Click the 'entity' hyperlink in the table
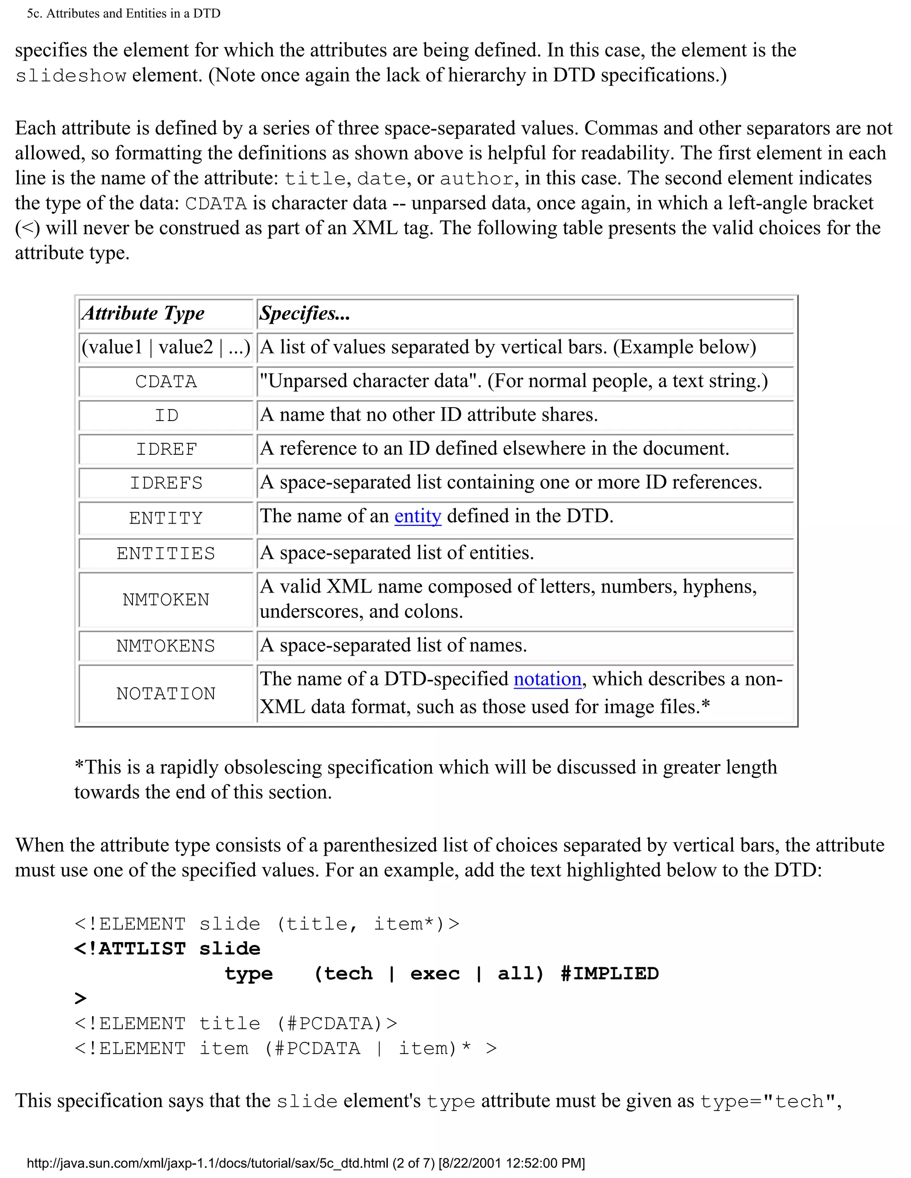pyautogui.click(x=417, y=516)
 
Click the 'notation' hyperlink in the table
pyautogui.click(x=547, y=679)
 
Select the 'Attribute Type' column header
pyautogui.click(x=143, y=313)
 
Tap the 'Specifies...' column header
pyautogui.click(x=304, y=313)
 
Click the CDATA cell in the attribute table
pyautogui.click(x=165, y=382)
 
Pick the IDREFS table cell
pyautogui.click(x=165, y=483)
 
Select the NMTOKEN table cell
pyautogui.click(x=165, y=600)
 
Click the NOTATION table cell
pyautogui.click(x=165, y=693)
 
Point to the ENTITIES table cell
pyautogui.click(x=165, y=553)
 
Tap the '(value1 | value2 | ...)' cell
pyautogui.click(x=165, y=347)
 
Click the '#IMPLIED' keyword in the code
pyautogui.click(x=609, y=974)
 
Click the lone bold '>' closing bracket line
pyautogui.click(x=81, y=998)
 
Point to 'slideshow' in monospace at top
pyautogui.click(x=71, y=76)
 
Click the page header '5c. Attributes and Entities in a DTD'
pyautogui.click(x=124, y=13)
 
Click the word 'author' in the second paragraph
pyautogui.click(x=476, y=179)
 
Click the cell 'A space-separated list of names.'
pyautogui.click(x=393, y=645)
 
